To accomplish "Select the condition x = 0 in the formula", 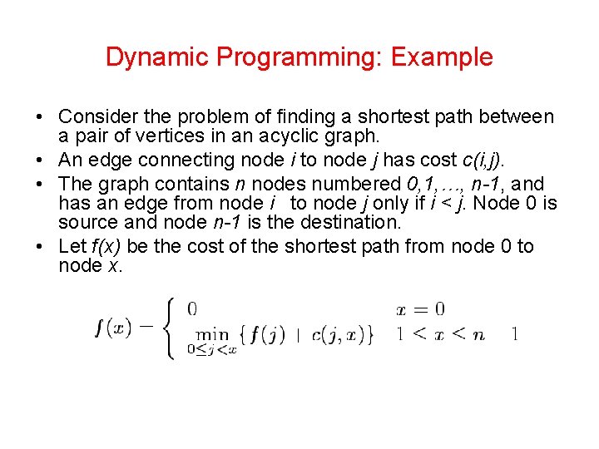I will coord(420,309).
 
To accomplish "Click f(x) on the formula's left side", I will coord(113,328).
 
